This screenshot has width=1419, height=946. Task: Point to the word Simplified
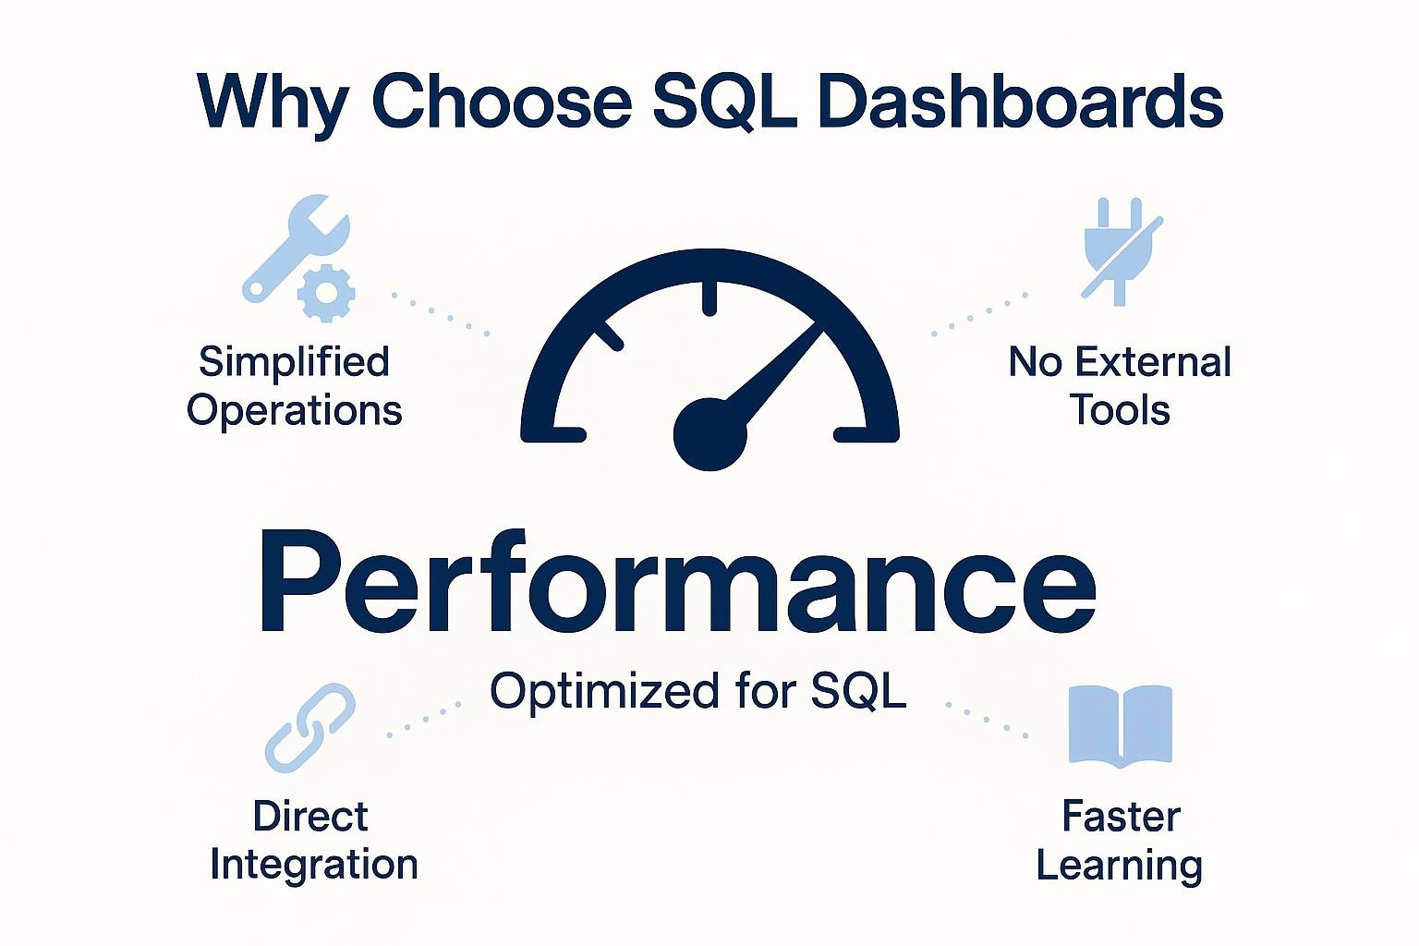[x=295, y=362]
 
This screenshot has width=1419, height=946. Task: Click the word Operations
[x=295, y=410]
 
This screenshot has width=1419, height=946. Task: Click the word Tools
[x=1121, y=409]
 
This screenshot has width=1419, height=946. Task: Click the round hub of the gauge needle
[x=709, y=434]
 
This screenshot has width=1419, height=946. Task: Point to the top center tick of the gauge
[x=709, y=297]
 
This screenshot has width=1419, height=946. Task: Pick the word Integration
[x=314, y=865]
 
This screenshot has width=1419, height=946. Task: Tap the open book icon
[x=1120, y=725]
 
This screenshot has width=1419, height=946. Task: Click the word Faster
[x=1121, y=817]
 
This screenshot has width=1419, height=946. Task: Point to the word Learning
[x=1120, y=866]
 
